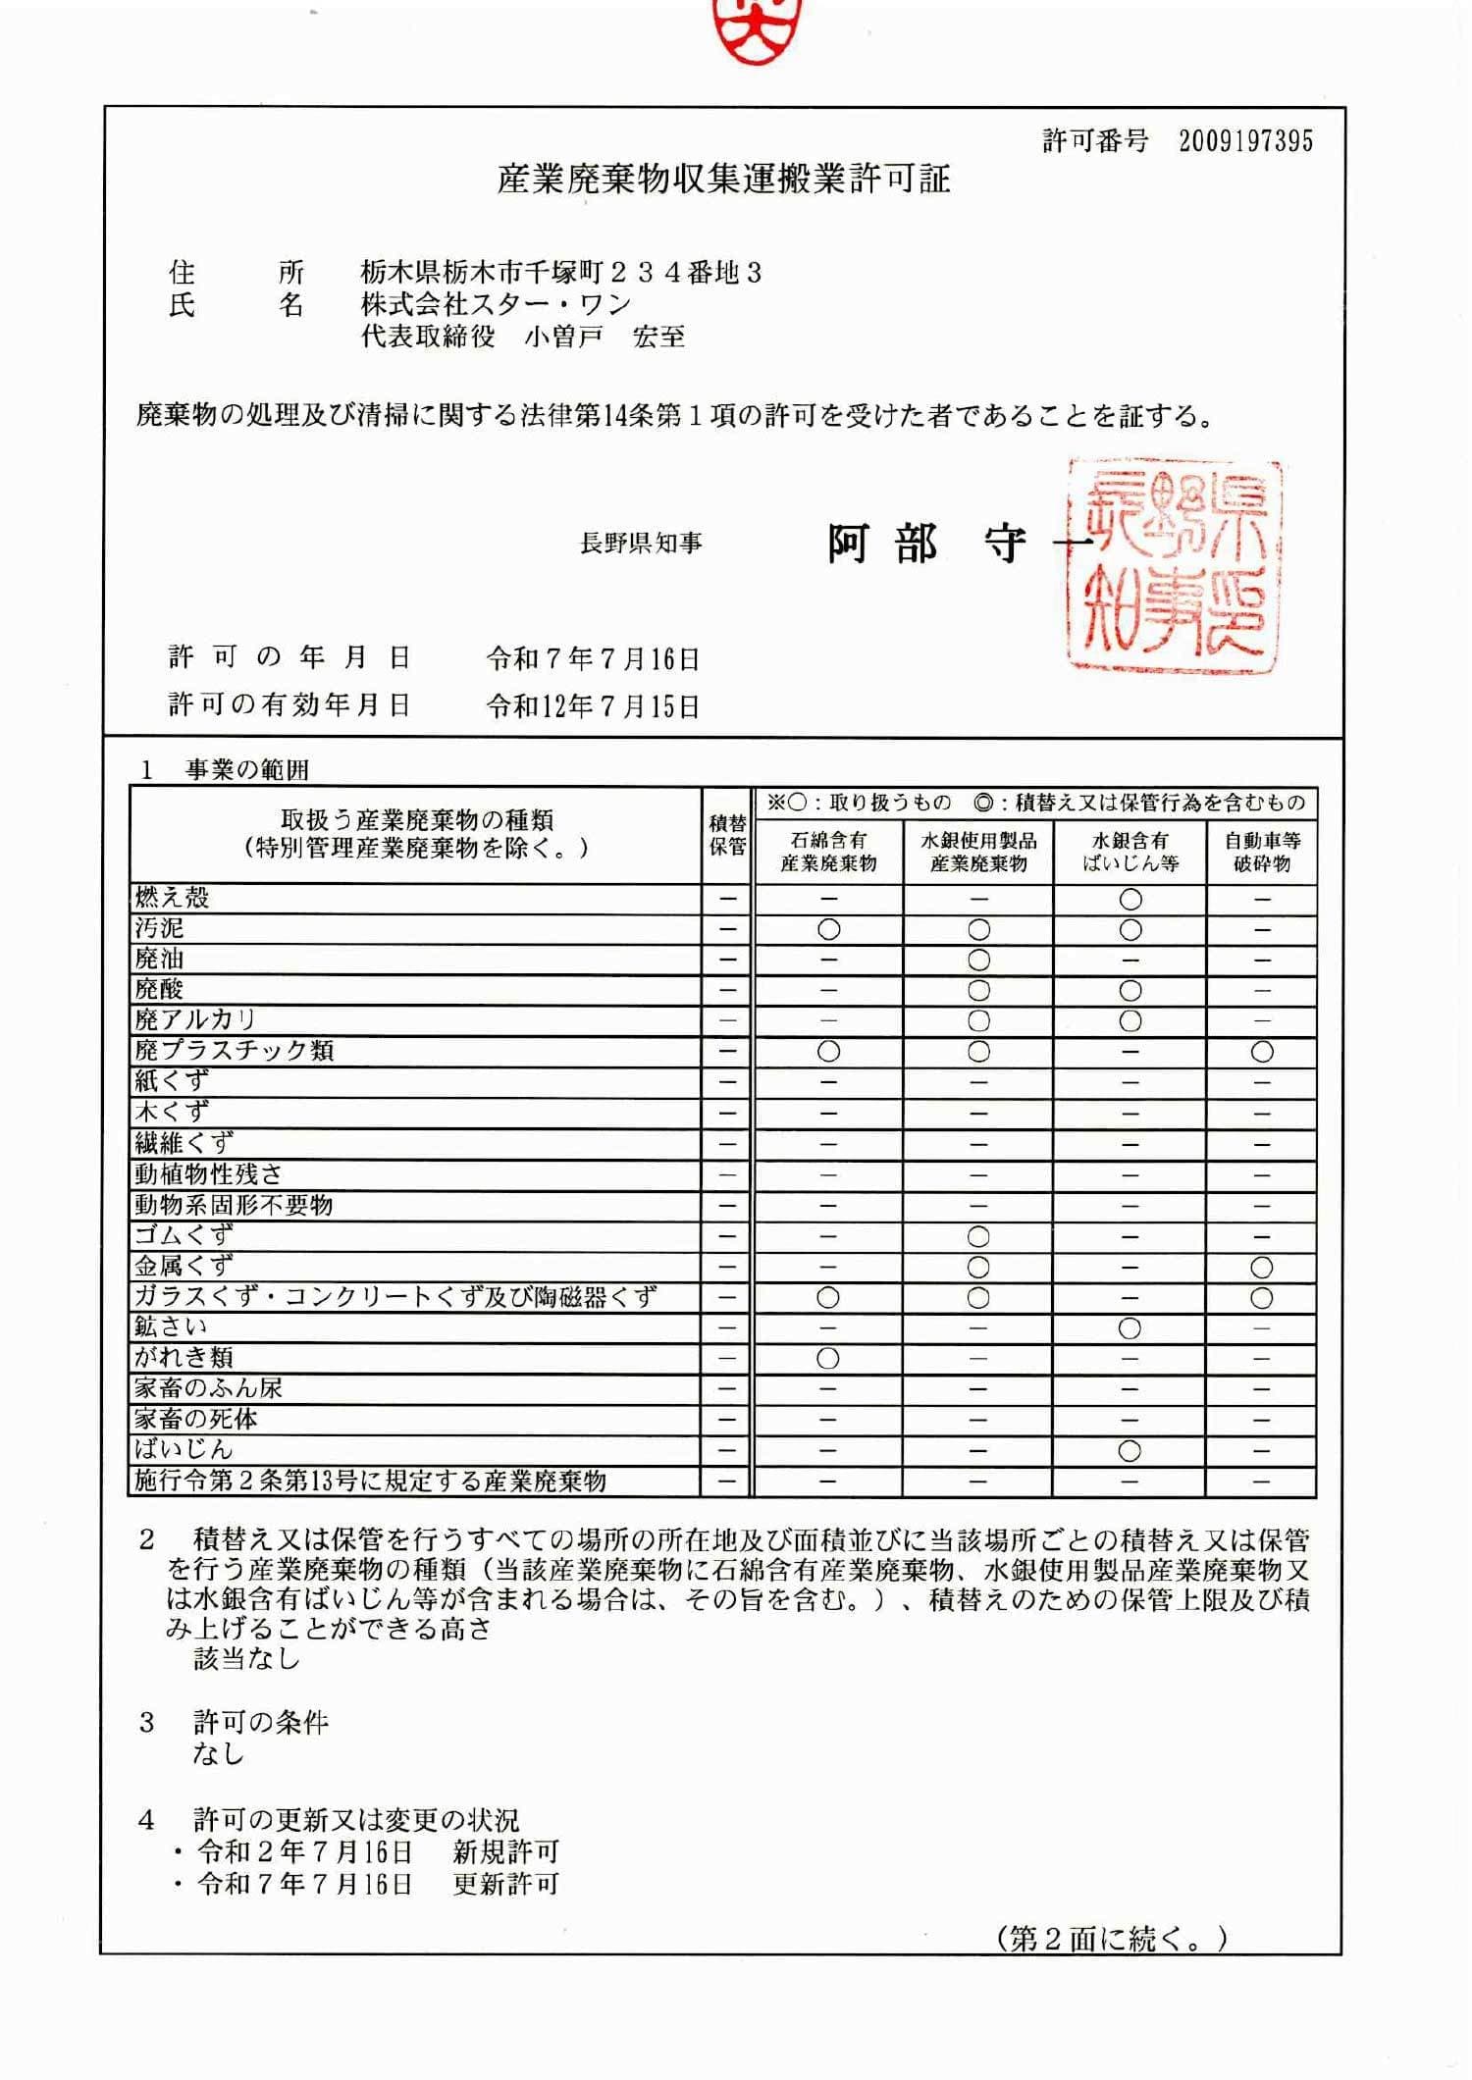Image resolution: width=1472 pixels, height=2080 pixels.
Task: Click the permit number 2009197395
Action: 1245,141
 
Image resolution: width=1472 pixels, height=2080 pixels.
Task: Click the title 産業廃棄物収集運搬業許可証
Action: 724,180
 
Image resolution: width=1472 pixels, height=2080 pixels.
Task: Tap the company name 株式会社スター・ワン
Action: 496,304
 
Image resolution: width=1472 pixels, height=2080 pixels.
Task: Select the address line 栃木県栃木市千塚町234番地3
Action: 561,272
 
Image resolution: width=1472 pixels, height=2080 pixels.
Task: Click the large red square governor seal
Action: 1174,566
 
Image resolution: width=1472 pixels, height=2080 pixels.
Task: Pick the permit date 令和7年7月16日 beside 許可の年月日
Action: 594,658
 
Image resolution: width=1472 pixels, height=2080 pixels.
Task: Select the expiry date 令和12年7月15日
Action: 594,705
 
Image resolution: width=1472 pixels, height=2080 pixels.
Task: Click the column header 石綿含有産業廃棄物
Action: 828,852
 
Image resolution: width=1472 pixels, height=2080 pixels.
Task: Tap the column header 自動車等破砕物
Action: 1262,852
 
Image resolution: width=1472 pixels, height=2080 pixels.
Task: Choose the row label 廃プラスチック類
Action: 235,1050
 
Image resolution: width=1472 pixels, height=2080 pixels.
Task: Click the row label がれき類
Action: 184,1357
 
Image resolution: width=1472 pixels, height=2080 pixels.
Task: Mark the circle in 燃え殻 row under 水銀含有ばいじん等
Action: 1130,899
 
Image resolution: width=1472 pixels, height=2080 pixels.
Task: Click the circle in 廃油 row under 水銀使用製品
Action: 978,960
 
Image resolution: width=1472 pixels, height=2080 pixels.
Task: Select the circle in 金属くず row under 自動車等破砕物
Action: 1262,1267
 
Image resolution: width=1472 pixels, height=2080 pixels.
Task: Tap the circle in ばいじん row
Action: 1130,1450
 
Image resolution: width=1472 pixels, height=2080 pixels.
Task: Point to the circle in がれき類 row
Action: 828,1359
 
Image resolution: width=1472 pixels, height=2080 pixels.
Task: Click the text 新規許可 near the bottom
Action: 505,1851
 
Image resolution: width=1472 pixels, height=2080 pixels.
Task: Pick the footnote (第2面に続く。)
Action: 1113,1939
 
